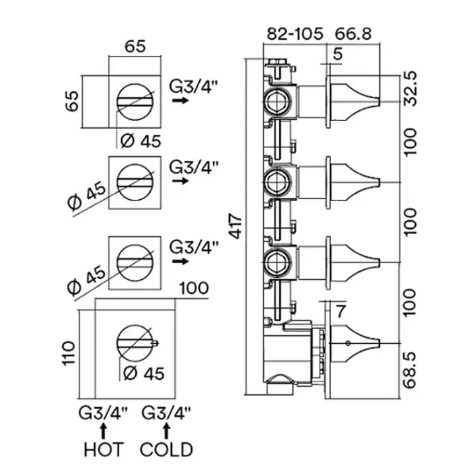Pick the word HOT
click(x=104, y=449)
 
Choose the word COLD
click(x=166, y=449)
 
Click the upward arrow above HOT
click(x=104, y=428)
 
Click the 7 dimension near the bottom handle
click(x=340, y=312)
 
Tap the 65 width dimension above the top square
click(x=135, y=46)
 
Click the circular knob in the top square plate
click(x=135, y=101)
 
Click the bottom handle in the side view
click(x=357, y=345)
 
